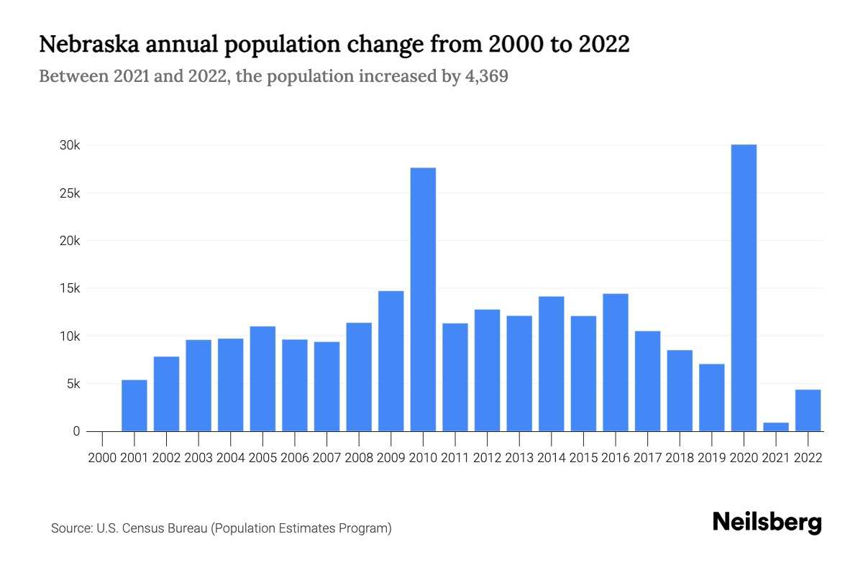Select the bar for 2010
pos(423,299)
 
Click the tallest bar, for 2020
pos(744,287)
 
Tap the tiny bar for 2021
pos(776,427)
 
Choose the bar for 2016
pos(616,362)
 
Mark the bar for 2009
pos(391,361)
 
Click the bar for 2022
pos(808,410)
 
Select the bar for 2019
pos(712,397)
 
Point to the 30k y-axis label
pos(70,145)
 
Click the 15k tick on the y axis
pos(70,288)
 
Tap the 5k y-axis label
pos(73,384)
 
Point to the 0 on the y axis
pos(76,431)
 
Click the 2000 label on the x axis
pos(103,457)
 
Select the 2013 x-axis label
pos(519,457)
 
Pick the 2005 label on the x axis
pos(262,457)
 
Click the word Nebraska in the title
pos(87,45)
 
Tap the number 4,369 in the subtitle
pos(485,76)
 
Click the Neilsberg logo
pos(767,523)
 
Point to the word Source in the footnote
pos(70,528)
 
